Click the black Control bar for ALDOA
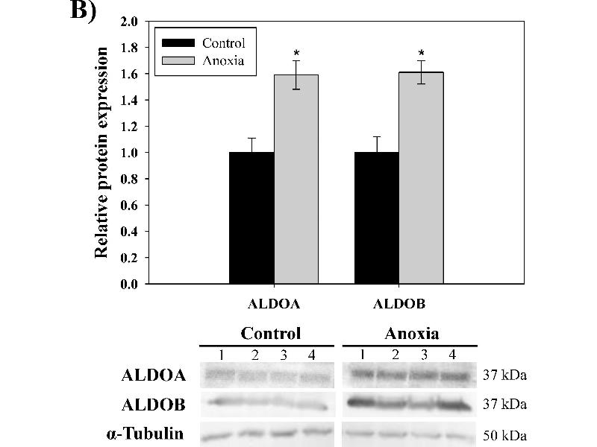coord(251,218)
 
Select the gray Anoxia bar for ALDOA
coord(296,179)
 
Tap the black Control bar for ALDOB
coord(377,218)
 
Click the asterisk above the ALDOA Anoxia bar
coord(296,53)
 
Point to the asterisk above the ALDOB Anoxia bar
coord(422,53)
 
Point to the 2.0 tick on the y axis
coord(129,22)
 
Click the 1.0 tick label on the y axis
coord(129,153)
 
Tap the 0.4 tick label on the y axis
coord(129,232)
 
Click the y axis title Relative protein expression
coord(102,153)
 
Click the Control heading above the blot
coord(270,333)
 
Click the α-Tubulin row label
coord(152,432)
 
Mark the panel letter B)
coord(84,13)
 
